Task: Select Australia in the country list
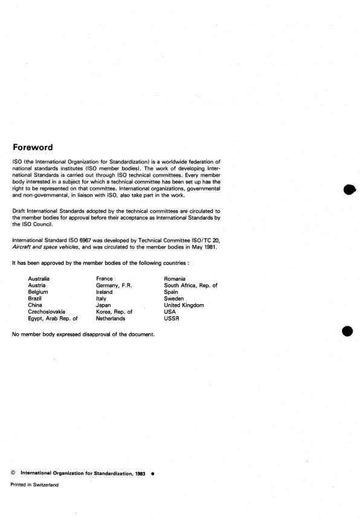tap(40, 279)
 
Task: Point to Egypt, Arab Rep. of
tap(53, 319)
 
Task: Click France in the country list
tap(104, 279)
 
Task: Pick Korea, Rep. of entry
tap(114, 312)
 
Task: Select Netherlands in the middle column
tap(111, 319)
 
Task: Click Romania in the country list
tap(175, 279)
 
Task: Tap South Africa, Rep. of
tap(190, 285)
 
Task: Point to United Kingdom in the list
tap(184, 305)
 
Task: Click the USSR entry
tap(172, 319)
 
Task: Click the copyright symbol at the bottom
tap(13, 473)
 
